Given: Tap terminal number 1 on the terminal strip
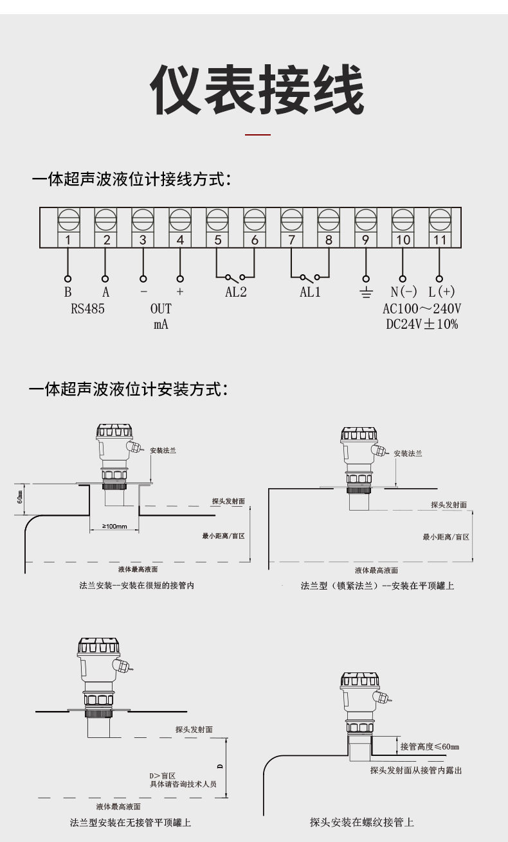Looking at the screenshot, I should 69,240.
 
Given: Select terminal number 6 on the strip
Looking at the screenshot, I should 255,240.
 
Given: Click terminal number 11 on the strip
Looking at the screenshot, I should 440,240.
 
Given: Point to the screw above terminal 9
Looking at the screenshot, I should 366,220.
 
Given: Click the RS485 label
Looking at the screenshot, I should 87,309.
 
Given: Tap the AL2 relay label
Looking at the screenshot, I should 236,292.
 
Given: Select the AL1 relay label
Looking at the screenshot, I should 310,292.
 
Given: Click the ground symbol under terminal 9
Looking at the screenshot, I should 366,293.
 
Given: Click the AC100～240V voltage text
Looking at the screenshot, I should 422,309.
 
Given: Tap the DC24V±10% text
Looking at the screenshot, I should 422,324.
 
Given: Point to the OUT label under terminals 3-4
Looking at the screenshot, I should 161,309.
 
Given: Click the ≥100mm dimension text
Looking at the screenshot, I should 114,527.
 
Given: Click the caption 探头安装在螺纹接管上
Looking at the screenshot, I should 361,822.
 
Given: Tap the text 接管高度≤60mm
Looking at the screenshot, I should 430,746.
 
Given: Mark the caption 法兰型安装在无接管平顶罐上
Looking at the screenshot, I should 130,822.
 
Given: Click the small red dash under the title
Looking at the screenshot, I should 259,136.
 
